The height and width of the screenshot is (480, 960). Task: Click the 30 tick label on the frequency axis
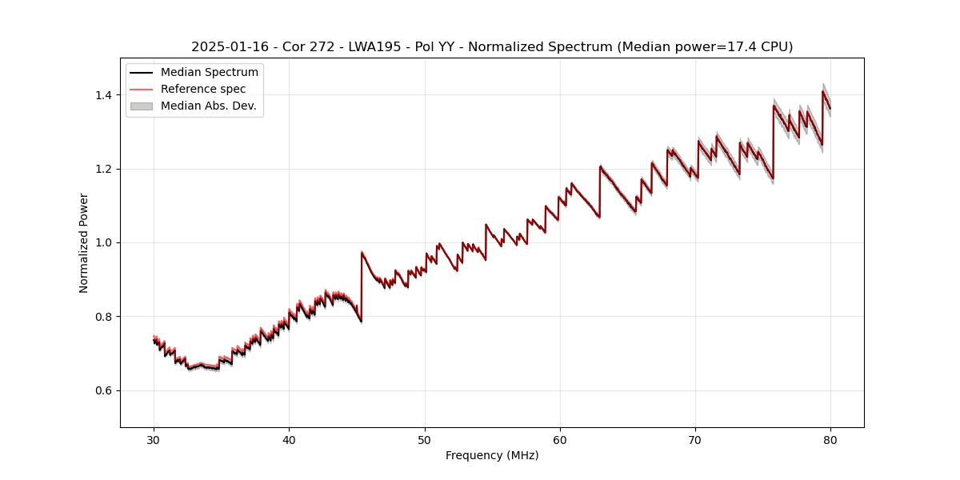(154, 439)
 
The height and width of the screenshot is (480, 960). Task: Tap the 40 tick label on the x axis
(289, 439)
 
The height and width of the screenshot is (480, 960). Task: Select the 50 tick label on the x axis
(425, 439)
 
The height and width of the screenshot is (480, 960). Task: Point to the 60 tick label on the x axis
(560, 439)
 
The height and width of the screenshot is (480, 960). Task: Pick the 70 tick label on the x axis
(695, 439)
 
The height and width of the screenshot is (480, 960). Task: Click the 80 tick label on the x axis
(830, 439)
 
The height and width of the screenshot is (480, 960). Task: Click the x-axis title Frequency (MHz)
(492, 455)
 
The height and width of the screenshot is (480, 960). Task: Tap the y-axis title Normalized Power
(84, 242)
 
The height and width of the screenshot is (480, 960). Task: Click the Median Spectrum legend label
(210, 73)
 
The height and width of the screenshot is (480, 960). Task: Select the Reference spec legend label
(203, 89)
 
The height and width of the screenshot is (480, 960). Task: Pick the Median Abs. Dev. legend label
(209, 106)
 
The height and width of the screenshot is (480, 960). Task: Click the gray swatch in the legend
(142, 106)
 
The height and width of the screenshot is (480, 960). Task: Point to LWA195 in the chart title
(374, 47)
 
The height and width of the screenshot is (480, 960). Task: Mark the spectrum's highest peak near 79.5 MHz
(822, 90)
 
